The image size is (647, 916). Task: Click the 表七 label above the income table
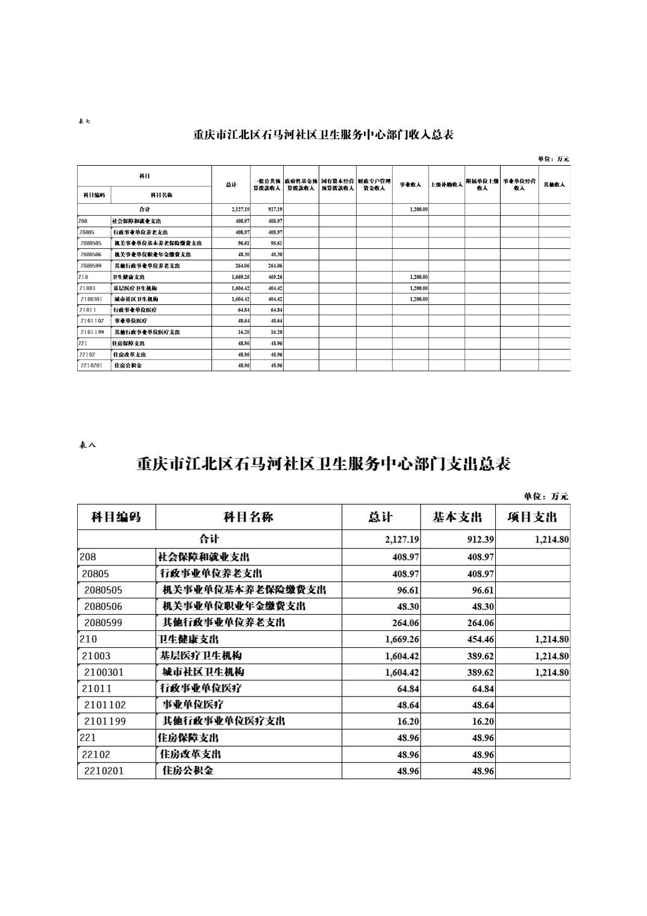[x=84, y=121]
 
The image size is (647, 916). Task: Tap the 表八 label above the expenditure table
[x=87, y=445]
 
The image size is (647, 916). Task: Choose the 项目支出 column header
[x=533, y=517]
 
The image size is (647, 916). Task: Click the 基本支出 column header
[x=457, y=517]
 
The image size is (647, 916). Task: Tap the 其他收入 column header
[x=554, y=184]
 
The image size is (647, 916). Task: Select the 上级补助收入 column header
[x=446, y=184]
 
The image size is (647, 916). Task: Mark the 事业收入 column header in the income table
[x=410, y=184]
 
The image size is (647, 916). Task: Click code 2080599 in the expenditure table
[x=103, y=623]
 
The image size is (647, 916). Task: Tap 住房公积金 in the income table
[x=128, y=366]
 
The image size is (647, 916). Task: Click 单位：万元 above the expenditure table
[x=546, y=497]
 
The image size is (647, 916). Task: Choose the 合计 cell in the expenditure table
[x=209, y=539]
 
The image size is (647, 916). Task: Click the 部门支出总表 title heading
[x=323, y=464]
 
